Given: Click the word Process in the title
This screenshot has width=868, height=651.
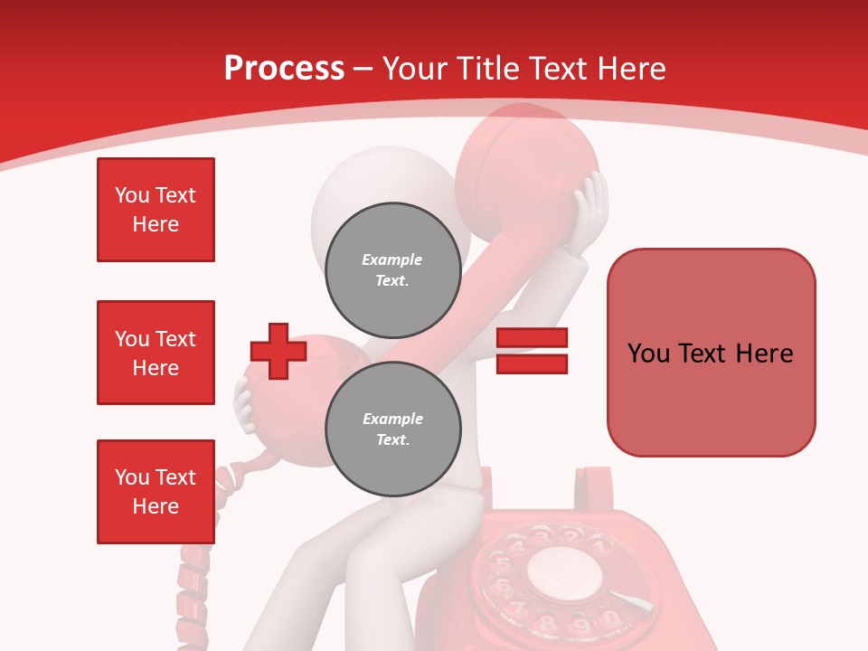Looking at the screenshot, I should click(x=284, y=69).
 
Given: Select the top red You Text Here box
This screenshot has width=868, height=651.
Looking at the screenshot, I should click(x=156, y=210).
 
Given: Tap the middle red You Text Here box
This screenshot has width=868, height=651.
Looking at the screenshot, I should click(x=156, y=353).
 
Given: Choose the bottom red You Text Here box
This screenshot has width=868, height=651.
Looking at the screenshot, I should click(x=156, y=492).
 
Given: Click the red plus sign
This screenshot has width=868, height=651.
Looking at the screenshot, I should click(x=278, y=352).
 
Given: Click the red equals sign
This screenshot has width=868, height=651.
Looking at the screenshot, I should click(x=532, y=351).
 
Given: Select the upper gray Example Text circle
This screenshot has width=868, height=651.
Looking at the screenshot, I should click(x=392, y=270).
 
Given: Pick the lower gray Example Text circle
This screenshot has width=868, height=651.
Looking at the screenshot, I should click(x=392, y=429).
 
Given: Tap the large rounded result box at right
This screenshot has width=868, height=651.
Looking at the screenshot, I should click(x=711, y=353).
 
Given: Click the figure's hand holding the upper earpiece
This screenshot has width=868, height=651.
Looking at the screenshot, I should click(x=590, y=208).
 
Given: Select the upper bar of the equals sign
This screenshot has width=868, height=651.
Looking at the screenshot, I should click(x=532, y=338).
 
